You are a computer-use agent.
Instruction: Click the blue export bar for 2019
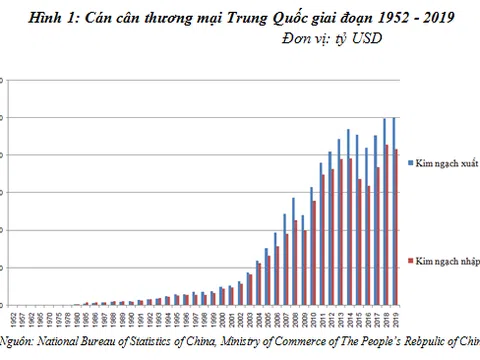pyautogui.click(x=393, y=211)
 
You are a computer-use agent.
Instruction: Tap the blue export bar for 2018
pyautogui.click(x=384, y=211)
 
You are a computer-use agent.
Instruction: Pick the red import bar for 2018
pyautogui.click(x=388, y=225)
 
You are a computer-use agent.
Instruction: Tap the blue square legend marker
pyautogui.click(x=410, y=161)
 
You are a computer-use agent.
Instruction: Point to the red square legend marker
pyautogui.click(x=410, y=260)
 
